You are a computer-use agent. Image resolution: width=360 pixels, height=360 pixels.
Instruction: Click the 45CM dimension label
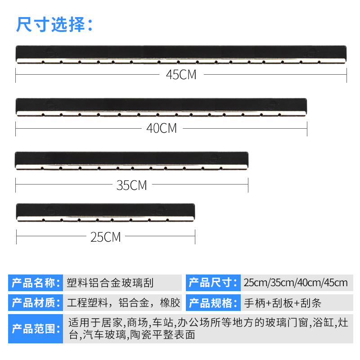tap(181, 75)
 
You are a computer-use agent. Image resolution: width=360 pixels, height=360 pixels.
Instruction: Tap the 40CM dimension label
tap(162, 128)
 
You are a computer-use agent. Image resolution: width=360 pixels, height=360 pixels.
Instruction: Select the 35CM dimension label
tap(132, 185)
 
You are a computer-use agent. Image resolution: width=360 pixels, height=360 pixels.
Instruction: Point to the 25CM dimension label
tap(106, 237)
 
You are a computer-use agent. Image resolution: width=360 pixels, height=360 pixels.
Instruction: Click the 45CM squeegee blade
tap(181, 54)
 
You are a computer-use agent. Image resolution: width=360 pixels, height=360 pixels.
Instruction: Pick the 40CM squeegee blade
tap(162, 107)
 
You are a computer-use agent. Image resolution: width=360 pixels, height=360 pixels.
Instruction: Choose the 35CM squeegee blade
tap(132, 161)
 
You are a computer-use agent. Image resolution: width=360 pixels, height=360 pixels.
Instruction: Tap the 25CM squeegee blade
tap(106, 212)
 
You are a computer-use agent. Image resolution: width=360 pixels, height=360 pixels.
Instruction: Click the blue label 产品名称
tap(35, 283)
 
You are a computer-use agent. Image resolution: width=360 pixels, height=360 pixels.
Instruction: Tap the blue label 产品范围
tap(35, 329)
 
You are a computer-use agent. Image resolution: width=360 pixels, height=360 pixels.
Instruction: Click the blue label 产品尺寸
tap(212, 283)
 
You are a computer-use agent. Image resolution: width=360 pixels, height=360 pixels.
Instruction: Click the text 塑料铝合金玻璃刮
tap(110, 283)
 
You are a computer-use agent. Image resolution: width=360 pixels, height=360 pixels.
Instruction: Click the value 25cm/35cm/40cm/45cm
tap(296, 283)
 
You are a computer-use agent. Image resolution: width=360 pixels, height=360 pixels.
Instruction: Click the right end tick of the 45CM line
tap(346, 75)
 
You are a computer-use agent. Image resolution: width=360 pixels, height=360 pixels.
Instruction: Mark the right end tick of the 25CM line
tap(195, 237)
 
